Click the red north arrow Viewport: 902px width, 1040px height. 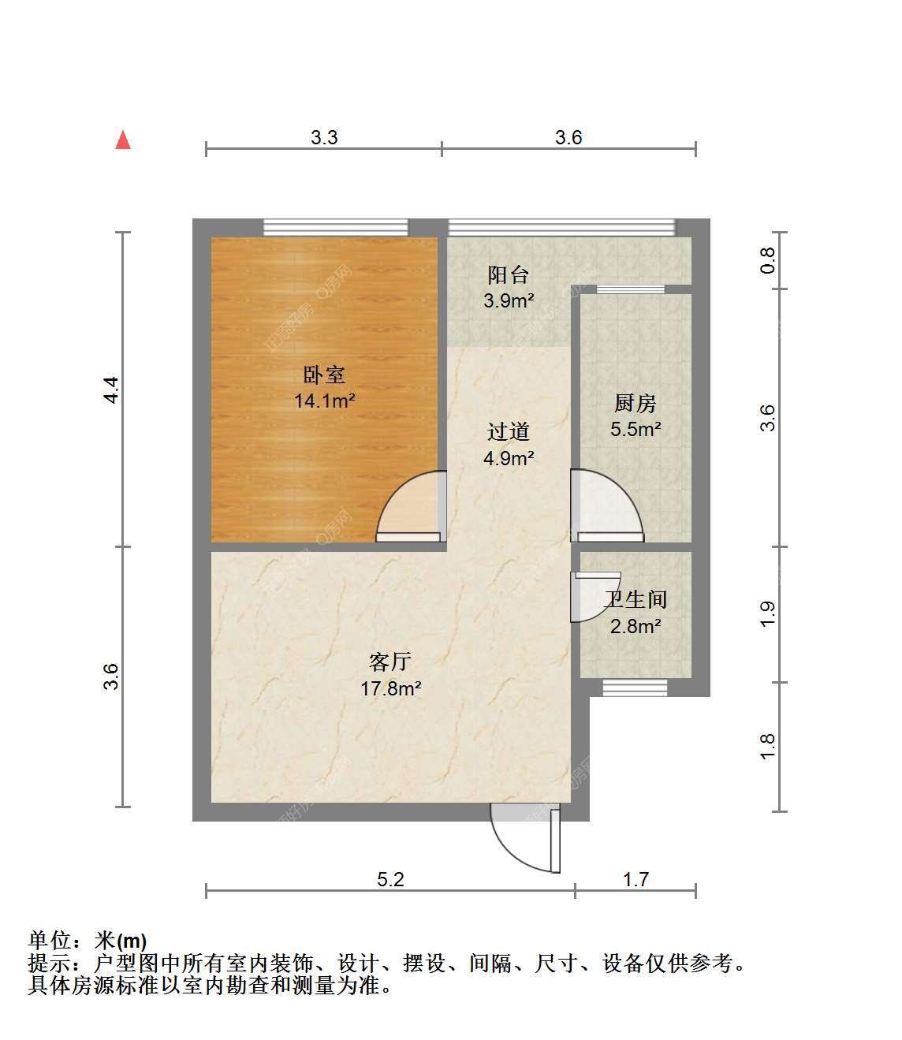click(123, 140)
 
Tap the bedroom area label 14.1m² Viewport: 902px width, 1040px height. click(325, 401)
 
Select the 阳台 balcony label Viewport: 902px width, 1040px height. click(509, 275)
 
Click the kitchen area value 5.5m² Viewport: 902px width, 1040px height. click(635, 429)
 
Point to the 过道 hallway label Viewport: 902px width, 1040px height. click(509, 431)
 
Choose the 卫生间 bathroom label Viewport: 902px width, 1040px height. click(635, 599)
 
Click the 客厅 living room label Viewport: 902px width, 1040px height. click(390, 662)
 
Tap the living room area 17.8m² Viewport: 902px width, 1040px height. click(391, 689)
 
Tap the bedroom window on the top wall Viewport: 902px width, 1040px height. click(336, 227)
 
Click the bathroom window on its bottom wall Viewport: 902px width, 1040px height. click(635, 689)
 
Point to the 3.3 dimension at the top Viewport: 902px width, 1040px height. click(324, 137)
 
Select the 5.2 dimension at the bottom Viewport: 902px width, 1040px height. click(390, 879)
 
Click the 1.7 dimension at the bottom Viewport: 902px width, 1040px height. click(635, 879)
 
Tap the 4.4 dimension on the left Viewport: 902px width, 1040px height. click(112, 390)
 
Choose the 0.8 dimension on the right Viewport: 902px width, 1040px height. click(767, 260)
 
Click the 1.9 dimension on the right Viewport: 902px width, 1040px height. click(767, 614)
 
